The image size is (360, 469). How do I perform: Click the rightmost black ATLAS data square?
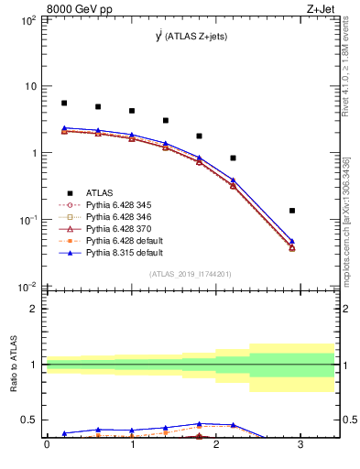click(292, 211)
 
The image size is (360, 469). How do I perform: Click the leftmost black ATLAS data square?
click(64, 104)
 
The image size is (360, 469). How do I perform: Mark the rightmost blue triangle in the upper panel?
click(292, 241)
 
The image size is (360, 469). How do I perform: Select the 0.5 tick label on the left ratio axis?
click(29, 420)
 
